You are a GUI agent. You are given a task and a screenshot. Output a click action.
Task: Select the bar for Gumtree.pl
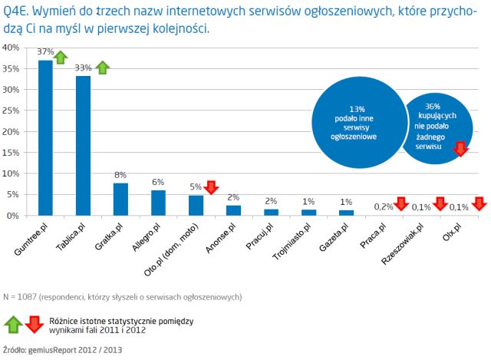(46, 138)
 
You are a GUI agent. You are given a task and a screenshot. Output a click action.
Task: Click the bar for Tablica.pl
(84, 146)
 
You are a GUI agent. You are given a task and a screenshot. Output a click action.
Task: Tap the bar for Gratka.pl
(120, 200)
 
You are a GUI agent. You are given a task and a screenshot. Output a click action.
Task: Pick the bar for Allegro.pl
(158, 203)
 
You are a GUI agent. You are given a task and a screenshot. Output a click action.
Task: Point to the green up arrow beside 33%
(102, 68)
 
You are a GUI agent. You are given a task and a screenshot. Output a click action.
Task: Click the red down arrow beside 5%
(211, 187)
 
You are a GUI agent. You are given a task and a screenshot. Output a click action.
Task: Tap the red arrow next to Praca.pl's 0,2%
(400, 204)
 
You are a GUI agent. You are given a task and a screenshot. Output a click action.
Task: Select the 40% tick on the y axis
(12, 48)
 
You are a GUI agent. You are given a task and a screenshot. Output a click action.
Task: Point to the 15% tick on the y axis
(12, 152)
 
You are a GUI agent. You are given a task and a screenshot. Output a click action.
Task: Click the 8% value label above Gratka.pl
(120, 176)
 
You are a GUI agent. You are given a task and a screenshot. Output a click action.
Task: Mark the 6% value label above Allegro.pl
(158, 183)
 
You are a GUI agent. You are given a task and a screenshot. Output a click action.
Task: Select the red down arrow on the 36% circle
(460, 148)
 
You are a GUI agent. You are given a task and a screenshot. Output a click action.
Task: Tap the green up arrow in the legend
(12, 324)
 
